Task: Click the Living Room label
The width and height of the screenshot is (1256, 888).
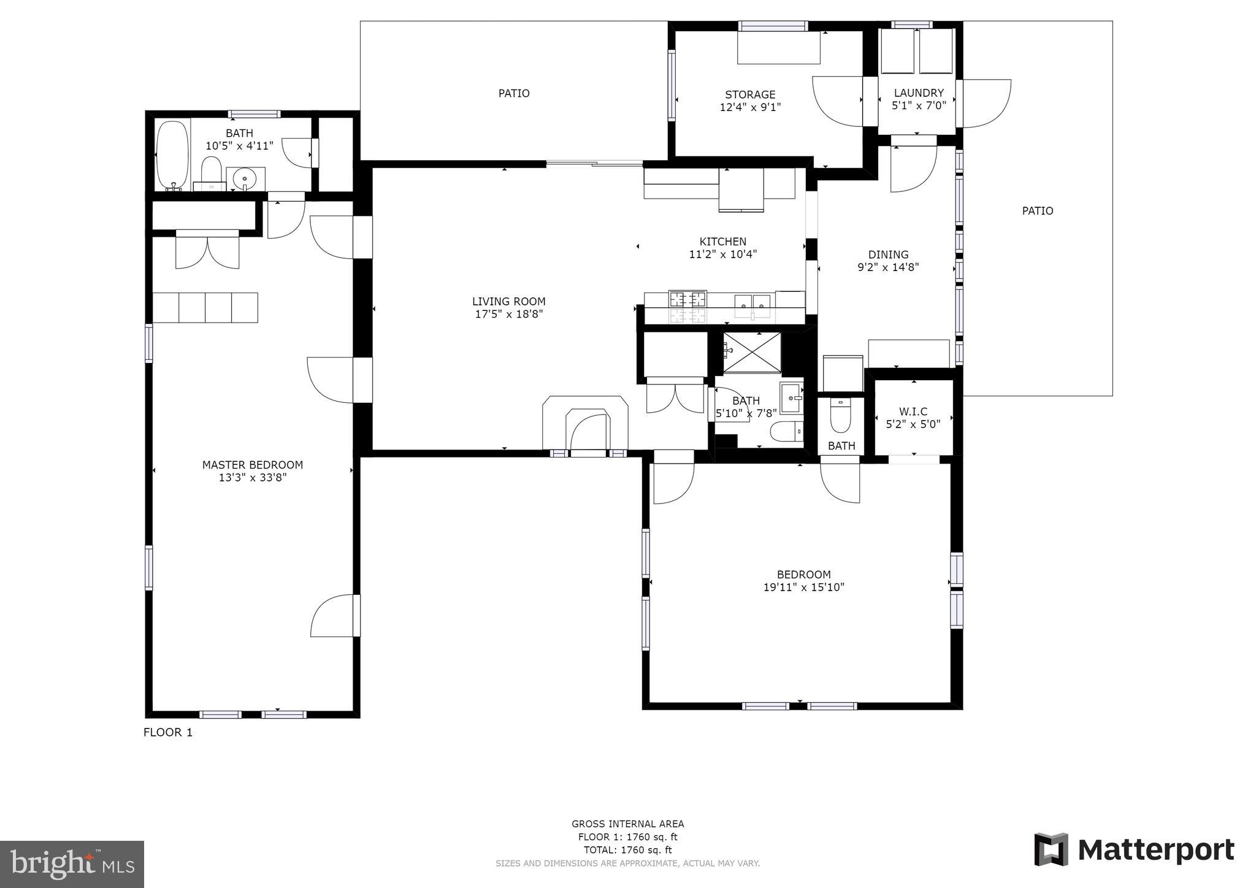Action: point(508,301)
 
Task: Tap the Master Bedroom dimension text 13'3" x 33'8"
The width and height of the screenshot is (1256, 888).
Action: point(253,478)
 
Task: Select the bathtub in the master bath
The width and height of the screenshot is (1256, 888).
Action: point(172,156)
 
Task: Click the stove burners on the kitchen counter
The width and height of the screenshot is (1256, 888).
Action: point(687,299)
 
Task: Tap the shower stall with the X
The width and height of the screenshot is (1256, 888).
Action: point(752,353)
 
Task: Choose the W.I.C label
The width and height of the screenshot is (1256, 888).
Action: point(913,411)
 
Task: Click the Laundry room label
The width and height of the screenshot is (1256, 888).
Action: point(918,93)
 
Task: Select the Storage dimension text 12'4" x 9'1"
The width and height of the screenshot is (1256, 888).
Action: point(750,107)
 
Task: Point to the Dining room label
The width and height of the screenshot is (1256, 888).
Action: point(888,255)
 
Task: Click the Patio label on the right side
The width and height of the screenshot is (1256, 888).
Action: point(1037,210)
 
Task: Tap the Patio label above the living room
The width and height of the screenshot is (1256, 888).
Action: point(513,93)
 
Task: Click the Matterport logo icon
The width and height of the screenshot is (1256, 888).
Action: point(1051,849)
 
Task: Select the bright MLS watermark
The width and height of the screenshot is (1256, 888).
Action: point(72,864)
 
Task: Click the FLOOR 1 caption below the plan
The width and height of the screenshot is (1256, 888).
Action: point(168,732)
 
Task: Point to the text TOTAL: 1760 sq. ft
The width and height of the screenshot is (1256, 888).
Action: point(627,850)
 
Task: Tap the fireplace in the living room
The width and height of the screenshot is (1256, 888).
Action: point(586,423)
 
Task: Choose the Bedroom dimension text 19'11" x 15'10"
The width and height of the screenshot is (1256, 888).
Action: point(803,588)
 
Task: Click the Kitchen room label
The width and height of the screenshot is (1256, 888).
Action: point(723,242)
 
